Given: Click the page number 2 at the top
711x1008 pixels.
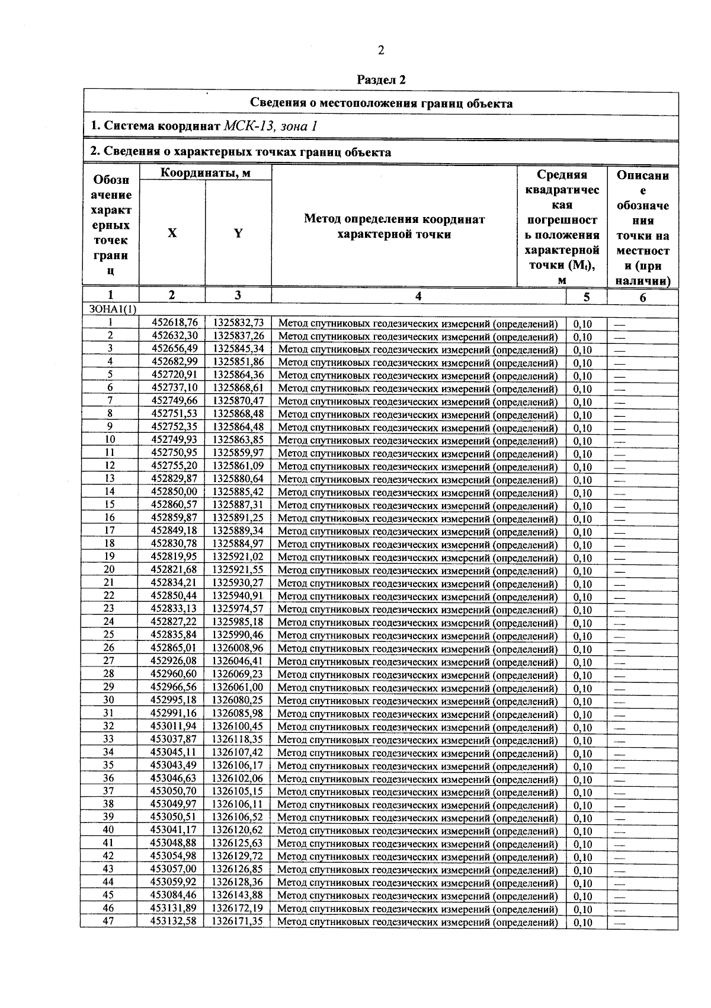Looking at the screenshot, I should click(x=381, y=50).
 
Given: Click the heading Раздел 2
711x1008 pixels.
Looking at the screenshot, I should click(x=382, y=79).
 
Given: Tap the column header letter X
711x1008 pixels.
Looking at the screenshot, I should click(x=172, y=233).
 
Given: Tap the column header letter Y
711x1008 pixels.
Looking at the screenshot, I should click(x=238, y=233).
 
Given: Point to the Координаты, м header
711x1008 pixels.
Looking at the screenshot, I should click(x=206, y=173).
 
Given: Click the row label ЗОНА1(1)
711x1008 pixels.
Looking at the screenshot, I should click(x=112, y=310).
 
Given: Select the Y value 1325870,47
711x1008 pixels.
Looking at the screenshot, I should click(x=238, y=401).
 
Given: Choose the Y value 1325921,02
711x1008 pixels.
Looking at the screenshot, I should click(x=238, y=557).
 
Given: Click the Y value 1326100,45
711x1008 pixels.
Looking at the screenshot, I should click(x=238, y=726).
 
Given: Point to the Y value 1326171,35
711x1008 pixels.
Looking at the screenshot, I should click(x=237, y=921).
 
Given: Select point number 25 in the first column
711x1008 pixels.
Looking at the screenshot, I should click(x=109, y=634).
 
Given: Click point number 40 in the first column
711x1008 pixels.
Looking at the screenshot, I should click(x=108, y=830).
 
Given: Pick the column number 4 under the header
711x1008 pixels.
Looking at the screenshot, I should click(x=418, y=296).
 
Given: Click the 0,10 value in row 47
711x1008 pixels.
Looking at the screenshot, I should click(x=583, y=923).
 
